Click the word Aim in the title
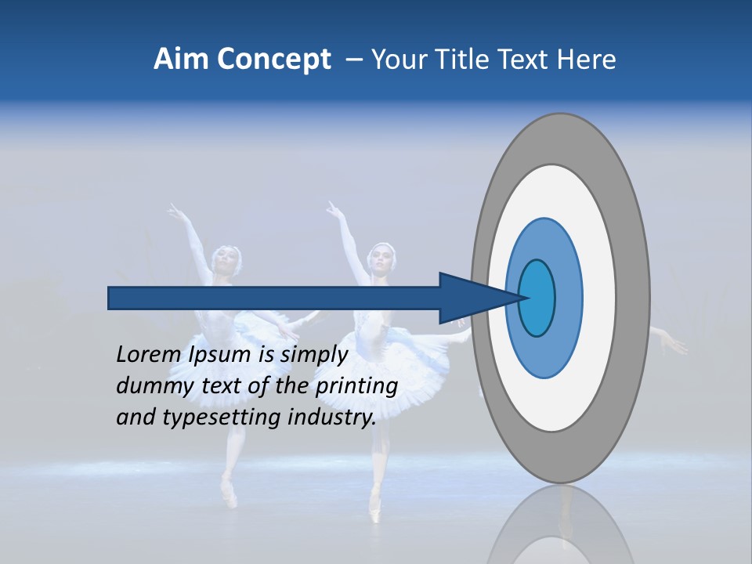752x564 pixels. [x=182, y=60]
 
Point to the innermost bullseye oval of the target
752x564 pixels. [x=537, y=298]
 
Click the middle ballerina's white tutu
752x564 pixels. [x=399, y=360]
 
